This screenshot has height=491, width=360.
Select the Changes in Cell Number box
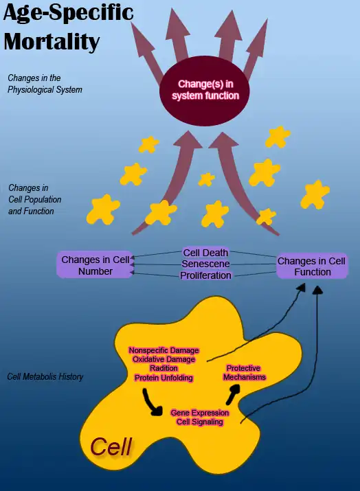(95, 265)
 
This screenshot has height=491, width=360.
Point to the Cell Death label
(205, 253)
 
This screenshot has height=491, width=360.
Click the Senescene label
(205, 264)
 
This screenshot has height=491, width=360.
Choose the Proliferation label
(205, 275)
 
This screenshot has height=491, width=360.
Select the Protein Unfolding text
(164, 378)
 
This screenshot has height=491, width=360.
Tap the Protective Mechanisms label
(244, 373)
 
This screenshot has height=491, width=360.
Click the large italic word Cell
(111, 447)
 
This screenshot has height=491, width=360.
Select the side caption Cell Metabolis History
(45, 377)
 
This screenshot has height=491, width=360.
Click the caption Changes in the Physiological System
(45, 84)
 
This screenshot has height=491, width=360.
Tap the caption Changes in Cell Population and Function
(35, 199)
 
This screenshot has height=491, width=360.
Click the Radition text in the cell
(164, 369)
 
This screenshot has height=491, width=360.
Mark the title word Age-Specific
(69, 14)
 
